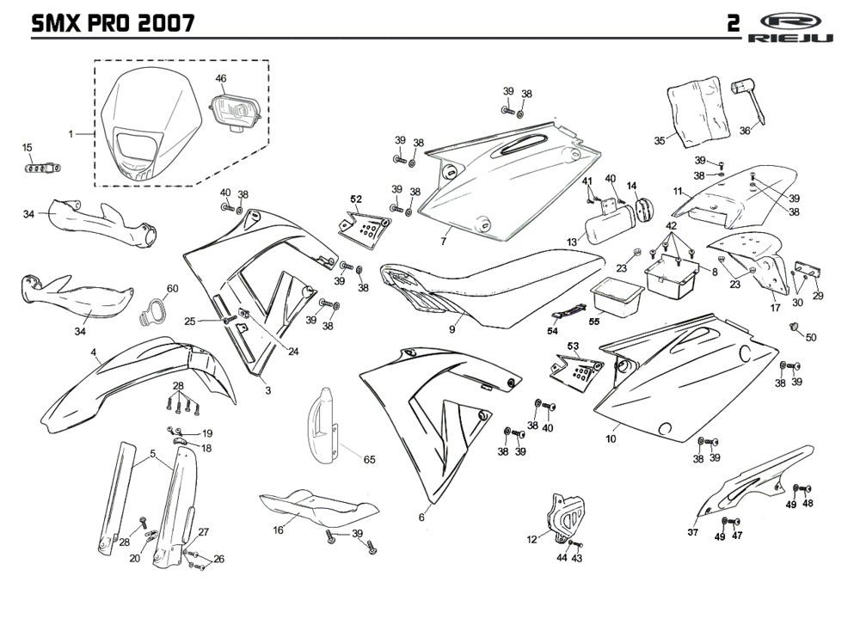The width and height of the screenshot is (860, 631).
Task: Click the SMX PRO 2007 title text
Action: [x=112, y=22]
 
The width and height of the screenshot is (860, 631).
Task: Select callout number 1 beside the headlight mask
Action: [x=72, y=134]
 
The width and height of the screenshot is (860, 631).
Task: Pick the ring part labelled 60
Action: [x=153, y=309]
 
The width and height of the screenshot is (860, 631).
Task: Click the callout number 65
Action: [x=369, y=460]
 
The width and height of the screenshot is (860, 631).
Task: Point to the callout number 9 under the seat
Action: [x=451, y=328]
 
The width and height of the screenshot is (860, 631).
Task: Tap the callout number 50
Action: [x=811, y=337]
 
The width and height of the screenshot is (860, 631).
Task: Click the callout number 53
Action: [x=573, y=346]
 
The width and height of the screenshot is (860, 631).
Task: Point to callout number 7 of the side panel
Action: [x=444, y=242]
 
